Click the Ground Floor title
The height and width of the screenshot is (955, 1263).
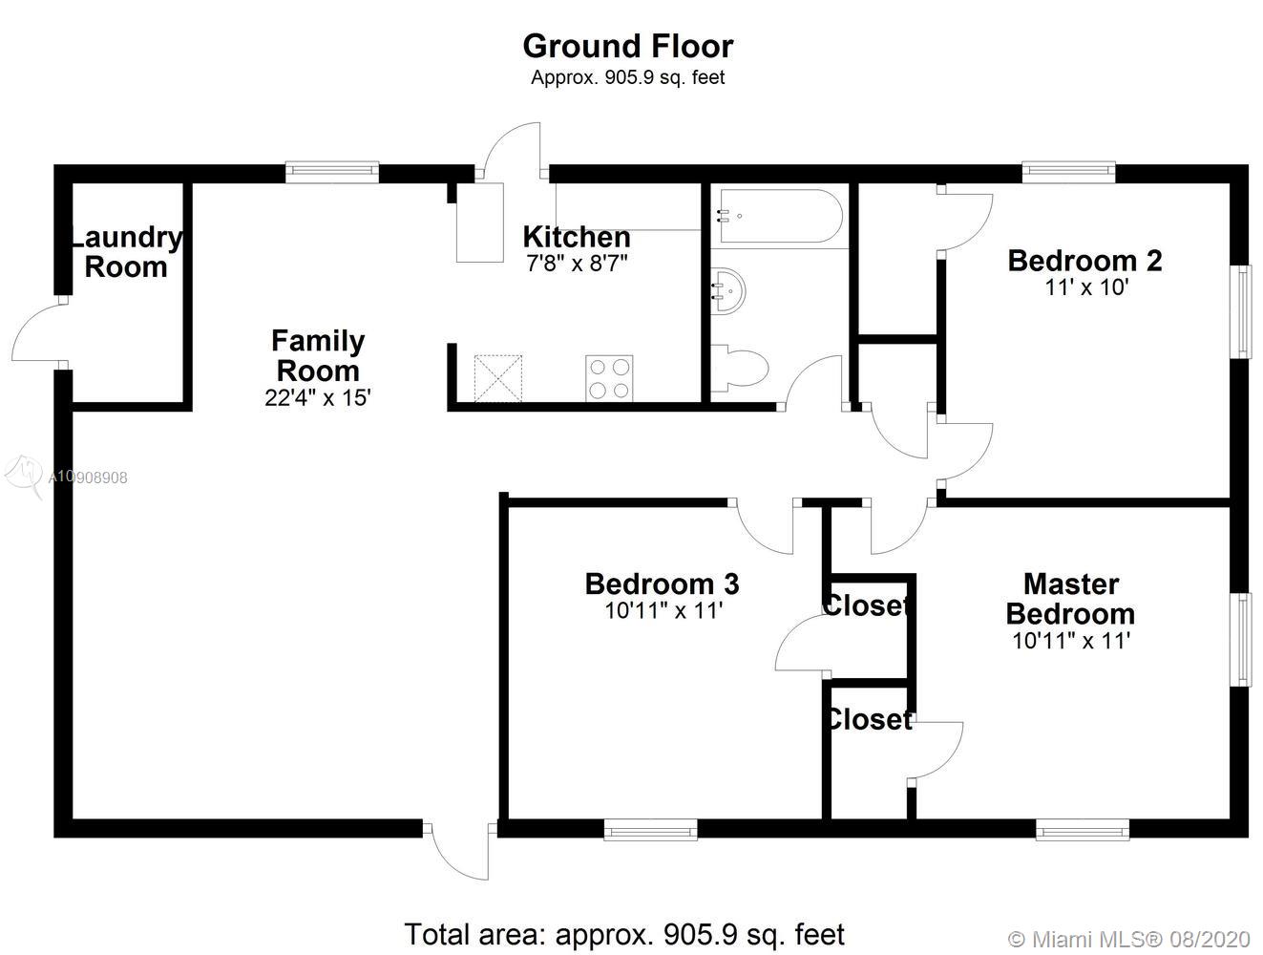[x=628, y=46]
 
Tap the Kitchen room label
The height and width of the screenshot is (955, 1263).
[x=577, y=237]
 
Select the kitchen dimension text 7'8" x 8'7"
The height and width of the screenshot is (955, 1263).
[x=577, y=264]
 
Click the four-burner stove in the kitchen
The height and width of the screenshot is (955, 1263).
[x=609, y=378]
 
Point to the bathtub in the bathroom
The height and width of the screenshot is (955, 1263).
[x=779, y=216]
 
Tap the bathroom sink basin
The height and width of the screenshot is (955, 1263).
[x=728, y=290]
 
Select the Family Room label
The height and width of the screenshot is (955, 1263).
[x=318, y=356]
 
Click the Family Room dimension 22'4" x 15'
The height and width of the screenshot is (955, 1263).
[x=318, y=398]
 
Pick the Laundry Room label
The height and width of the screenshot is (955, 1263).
[x=126, y=252]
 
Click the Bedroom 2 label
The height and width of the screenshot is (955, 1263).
[x=1085, y=261]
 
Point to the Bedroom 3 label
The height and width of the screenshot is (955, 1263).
[x=663, y=584]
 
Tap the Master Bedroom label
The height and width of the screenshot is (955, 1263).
[x=1071, y=600]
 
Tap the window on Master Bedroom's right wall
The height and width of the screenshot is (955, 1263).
[x=1241, y=640]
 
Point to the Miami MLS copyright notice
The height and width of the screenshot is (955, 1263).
[x=1129, y=939]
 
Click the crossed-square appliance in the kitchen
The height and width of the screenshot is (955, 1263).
[x=498, y=378]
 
